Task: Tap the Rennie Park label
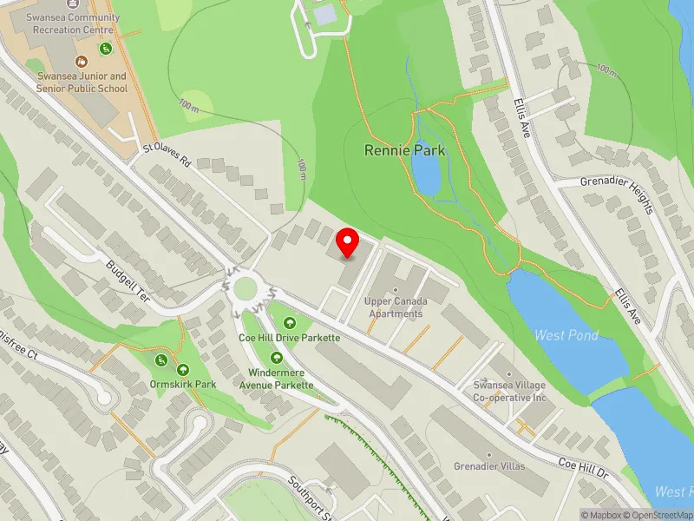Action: click(x=404, y=150)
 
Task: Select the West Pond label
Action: click(x=566, y=335)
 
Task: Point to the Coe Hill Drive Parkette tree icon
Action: click(x=289, y=324)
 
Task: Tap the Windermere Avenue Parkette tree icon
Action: click(x=276, y=358)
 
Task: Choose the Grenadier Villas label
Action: click(x=489, y=466)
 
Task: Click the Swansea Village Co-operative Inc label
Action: click(x=510, y=389)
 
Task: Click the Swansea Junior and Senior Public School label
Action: click(x=82, y=82)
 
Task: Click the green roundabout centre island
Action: click(x=246, y=287)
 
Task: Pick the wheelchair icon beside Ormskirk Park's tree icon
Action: click(x=160, y=360)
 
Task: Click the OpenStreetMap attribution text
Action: click(x=657, y=515)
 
